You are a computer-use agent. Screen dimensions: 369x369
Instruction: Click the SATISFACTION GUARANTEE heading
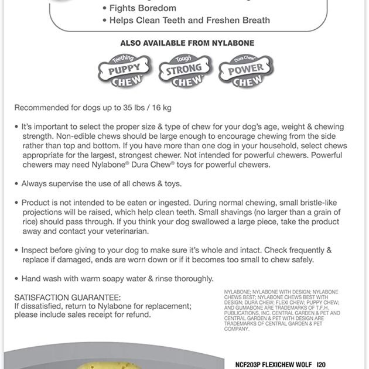pyautogui.click(x=67, y=298)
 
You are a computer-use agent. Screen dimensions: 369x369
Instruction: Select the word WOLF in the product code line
pyautogui.click(x=305, y=364)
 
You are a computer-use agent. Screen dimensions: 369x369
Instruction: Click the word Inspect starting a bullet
pyautogui.click(x=36, y=250)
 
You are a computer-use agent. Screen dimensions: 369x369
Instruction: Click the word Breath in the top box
pyautogui.click(x=255, y=20)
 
